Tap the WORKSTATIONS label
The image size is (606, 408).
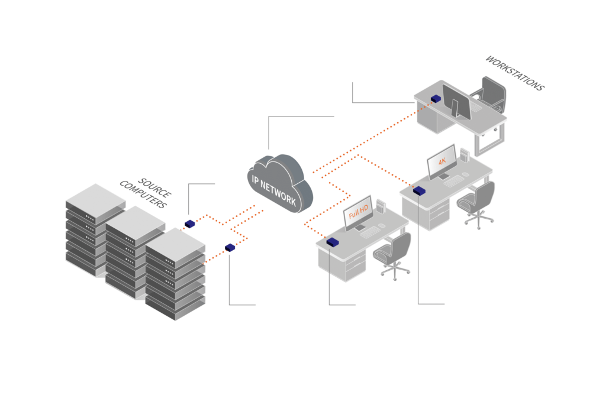click(514, 73)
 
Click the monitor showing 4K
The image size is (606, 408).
click(441, 161)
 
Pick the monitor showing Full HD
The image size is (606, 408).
click(359, 211)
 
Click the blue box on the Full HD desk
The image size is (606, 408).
click(332, 241)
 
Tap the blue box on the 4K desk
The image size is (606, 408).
click(419, 190)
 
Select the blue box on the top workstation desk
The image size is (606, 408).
click(436, 99)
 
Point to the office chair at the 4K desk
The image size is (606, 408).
click(478, 201)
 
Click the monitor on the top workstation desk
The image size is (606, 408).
click(456, 101)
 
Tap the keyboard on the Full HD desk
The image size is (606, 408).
click(371, 232)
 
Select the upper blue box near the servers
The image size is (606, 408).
click(189, 224)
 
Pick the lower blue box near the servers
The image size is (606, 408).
click(230, 247)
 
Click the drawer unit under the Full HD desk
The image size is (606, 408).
click(355, 263)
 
